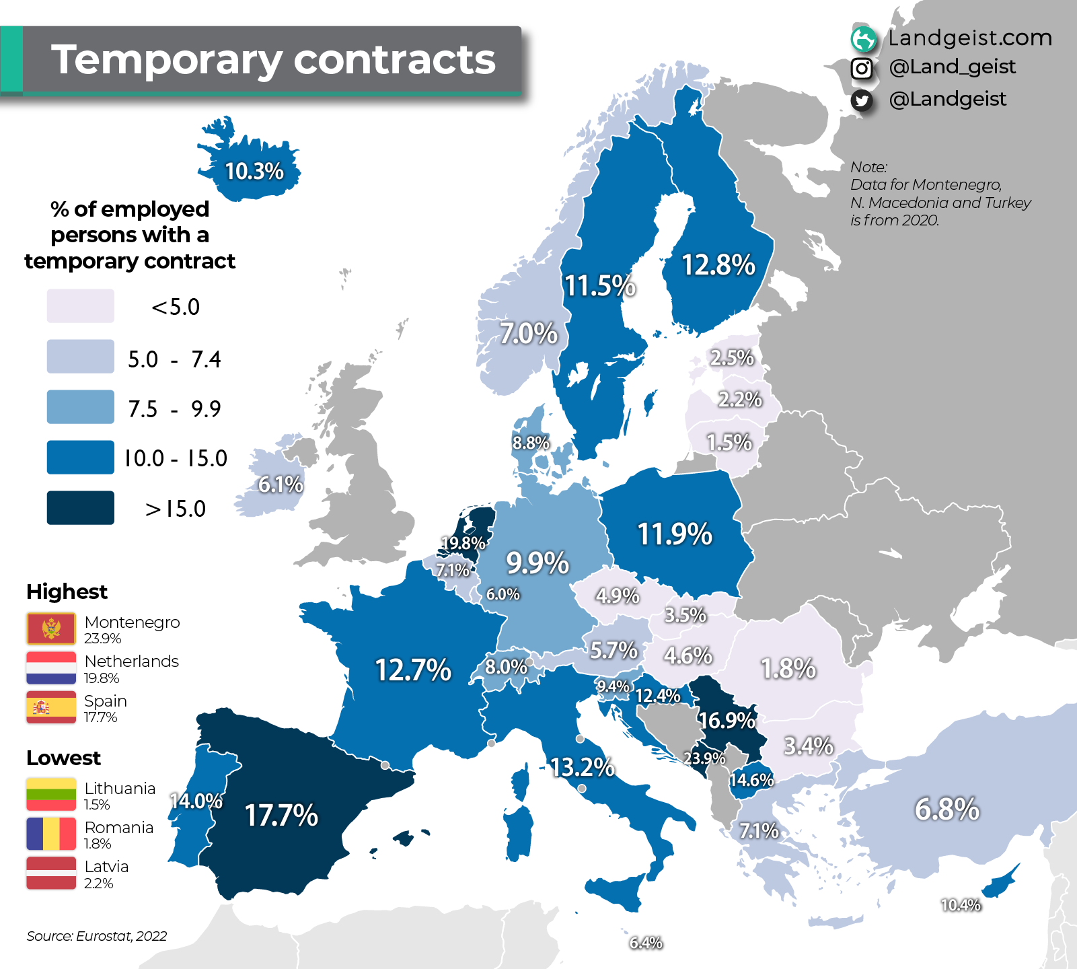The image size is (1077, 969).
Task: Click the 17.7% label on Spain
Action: [x=281, y=816]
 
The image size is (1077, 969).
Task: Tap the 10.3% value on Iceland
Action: [x=254, y=172]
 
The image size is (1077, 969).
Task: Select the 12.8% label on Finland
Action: [x=718, y=265]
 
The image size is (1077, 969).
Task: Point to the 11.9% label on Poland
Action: [x=675, y=534]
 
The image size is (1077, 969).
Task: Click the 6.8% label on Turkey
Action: [x=946, y=809]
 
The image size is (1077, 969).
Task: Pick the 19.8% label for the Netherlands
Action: [x=463, y=543]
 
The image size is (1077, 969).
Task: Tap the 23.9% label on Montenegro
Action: [x=704, y=758]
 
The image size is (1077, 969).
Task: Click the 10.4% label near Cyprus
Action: [x=961, y=905]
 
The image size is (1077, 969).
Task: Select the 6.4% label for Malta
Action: [x=646, y=943]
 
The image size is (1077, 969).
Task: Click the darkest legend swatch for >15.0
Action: [x=81, y=507]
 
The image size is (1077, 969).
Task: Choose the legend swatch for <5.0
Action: [x=81, y=306]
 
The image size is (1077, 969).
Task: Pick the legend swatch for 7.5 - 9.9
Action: [x=81, y=407]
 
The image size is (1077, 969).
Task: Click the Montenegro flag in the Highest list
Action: [x=51, y=629]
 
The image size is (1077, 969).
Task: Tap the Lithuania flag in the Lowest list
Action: [x=51, y=794]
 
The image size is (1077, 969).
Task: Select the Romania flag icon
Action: [x=51, y=834]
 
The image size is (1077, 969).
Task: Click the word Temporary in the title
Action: [x=166, y=60]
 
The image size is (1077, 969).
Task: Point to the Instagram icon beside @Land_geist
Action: [x=862, y=68]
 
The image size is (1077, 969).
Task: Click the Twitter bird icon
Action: [x=862, y=100]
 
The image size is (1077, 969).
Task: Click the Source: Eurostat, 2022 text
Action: [x=97, y=936]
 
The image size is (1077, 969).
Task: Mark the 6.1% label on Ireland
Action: [x=281, y=485]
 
